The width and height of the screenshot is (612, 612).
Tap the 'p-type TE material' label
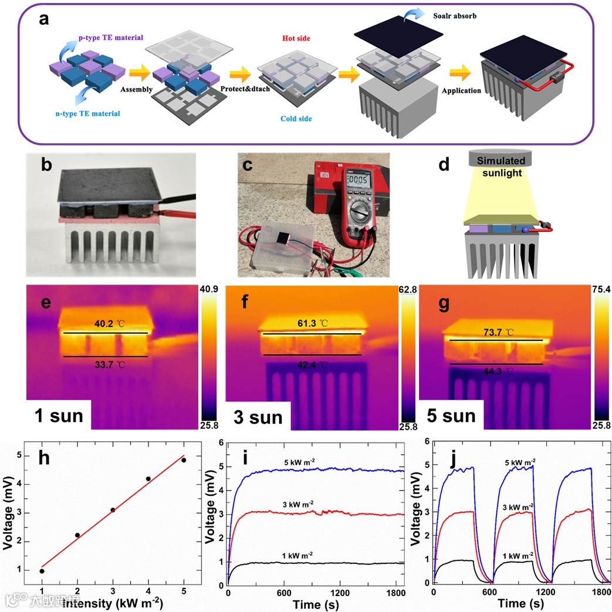pos(111,37)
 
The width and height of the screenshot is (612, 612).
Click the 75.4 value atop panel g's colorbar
pos(599,290)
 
